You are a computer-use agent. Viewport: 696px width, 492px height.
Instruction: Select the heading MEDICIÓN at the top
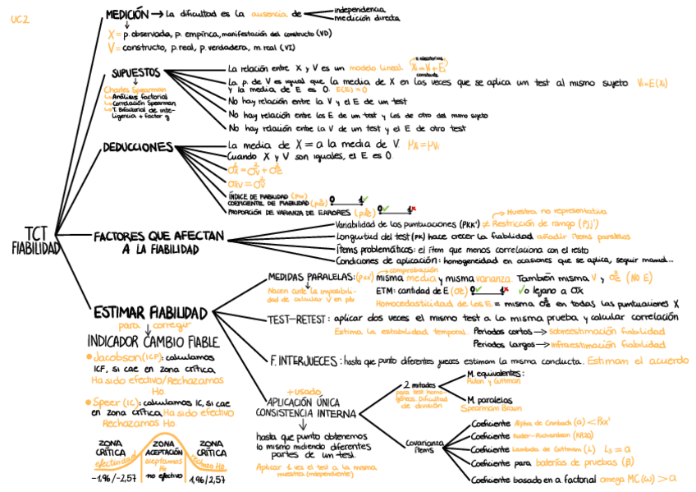(x=126, y=14)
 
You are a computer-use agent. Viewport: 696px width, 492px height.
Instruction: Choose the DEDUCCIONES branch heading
(x=137, y=148)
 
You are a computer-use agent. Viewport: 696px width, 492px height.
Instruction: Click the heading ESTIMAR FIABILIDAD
(x=149, y=312)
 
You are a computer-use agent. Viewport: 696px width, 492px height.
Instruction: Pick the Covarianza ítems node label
(x=424, y=444)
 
